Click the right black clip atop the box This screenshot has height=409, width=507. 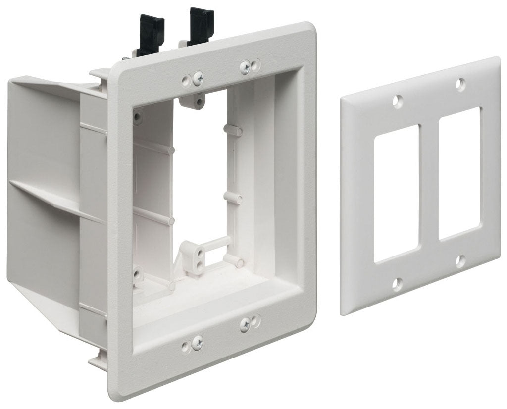click(200, 25)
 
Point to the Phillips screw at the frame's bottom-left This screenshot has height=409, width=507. click(197, 341)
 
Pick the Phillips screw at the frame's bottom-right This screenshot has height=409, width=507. click(245, 324)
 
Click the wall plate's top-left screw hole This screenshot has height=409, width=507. click(396, 101)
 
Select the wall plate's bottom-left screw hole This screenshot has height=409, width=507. click(397, 283)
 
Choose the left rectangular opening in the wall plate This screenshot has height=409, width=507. click(396, 194)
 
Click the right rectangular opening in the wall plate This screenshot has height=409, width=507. click(459, 173)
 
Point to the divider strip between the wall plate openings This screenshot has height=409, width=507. click(428, 183)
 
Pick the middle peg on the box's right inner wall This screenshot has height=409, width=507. click(233, 197)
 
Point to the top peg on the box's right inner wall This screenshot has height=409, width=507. click(233, 130)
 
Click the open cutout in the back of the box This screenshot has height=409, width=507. click(201, 168)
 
